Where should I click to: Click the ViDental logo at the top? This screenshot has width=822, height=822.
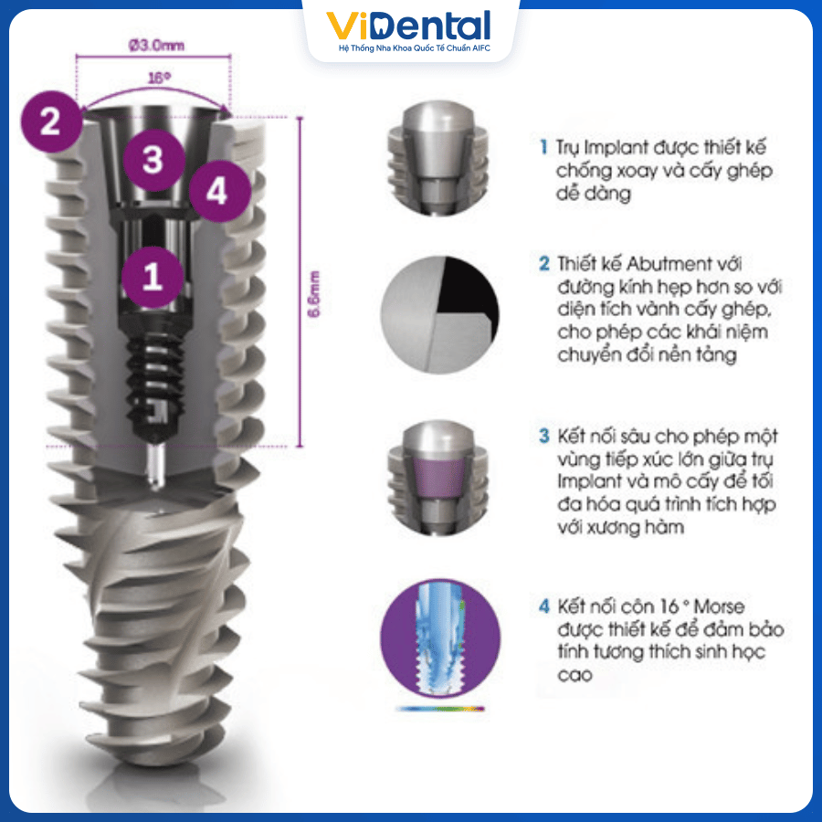pos(410,26)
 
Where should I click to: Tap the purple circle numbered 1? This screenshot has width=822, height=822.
pos(153,275)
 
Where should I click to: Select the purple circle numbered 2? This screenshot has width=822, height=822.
pos(49,121)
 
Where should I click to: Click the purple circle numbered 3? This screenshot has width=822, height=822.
pos(153,159)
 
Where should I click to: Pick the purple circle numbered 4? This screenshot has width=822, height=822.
pos(216,191)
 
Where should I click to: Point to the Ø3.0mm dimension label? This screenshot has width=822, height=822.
pos(153,43)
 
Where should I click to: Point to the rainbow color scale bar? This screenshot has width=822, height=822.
pos(439,708)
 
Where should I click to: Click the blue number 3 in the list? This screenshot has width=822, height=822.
pos(543,436)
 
